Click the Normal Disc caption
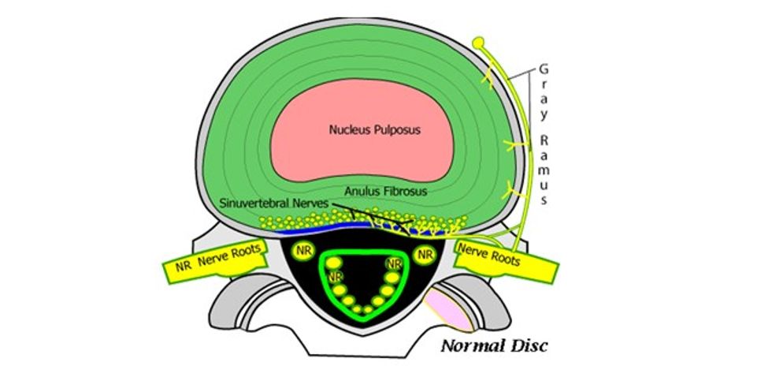pos(493,345)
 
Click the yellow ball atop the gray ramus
pos(477,41)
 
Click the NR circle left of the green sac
pos(303,252)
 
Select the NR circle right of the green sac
pos(426,254)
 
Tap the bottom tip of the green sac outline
pos(365,319)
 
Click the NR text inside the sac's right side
pos(395,263)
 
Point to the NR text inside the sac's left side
pos(336,277)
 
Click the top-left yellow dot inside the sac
pos(333,263)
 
